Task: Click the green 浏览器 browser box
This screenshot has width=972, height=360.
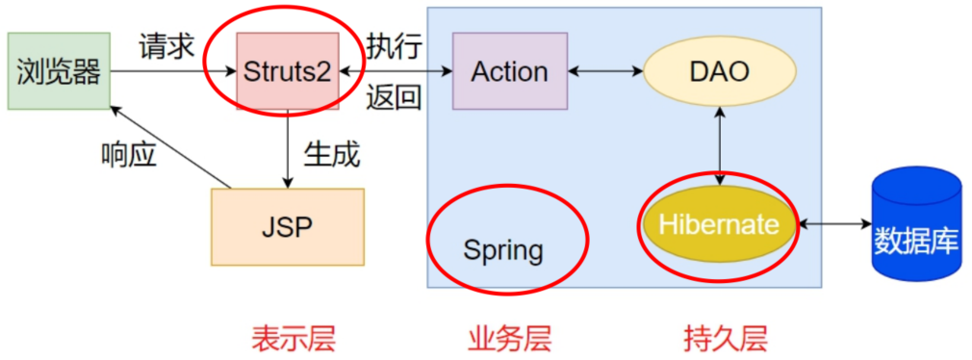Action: tap(58, 70)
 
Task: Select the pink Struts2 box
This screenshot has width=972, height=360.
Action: tap(287, 70)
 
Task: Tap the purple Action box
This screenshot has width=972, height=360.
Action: tap(509, 70)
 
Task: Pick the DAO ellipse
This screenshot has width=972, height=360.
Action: tap(719, 70)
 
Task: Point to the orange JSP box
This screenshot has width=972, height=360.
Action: tap(288, 226)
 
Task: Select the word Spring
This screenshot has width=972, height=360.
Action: tap(503, 250)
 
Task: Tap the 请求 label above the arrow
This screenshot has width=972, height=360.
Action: tap(166, 45)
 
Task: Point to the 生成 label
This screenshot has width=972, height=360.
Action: tap(331, 152)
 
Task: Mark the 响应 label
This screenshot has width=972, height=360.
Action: tap(128, 153)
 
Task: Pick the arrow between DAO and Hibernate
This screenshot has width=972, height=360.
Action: tap(719, 144)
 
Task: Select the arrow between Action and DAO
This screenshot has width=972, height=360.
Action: tap(605, 70)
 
